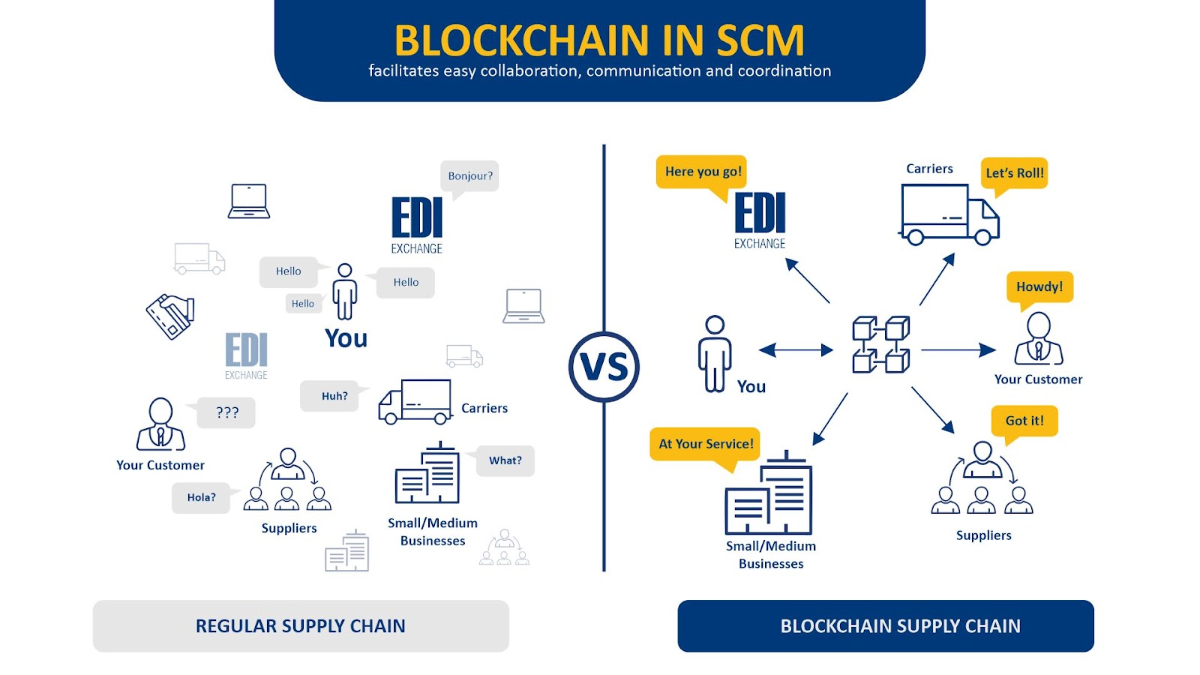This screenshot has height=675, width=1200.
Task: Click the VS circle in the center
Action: click(x=604, y=367)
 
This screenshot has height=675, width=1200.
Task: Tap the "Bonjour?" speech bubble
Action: click(x=469, y=176)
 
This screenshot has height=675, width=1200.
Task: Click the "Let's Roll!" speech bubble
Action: click(x=1014, y=173)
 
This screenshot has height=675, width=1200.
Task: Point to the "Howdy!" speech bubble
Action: click(x=1039, y=286)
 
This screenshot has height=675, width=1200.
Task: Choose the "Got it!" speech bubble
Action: click(x=1024, y=421)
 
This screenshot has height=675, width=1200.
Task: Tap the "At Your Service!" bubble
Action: click(x=705, y=444)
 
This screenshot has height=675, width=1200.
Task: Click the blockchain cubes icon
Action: click(x=880, y=345)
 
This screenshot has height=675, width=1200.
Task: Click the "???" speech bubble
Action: click(x=226, y=412)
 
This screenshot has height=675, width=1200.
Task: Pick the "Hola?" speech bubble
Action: click(x=201, y=497)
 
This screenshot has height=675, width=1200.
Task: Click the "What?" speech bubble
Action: click(x=505, y=460)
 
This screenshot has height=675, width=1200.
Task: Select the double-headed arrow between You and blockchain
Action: click(x=796, y=349)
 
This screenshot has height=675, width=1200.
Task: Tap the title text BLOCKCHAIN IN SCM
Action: click(x=599, y=40)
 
